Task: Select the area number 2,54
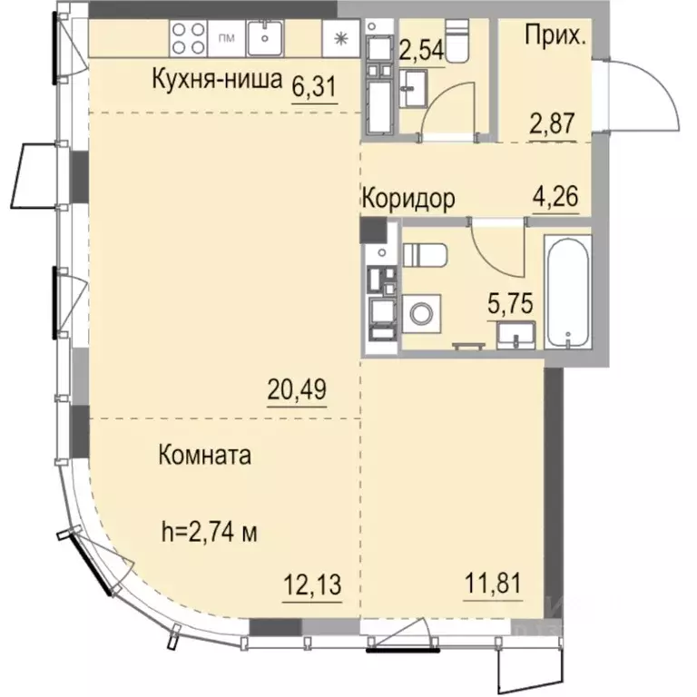pyautogui.click(x=422, y=48)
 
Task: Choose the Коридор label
pyautogui.click(x=408, y=197)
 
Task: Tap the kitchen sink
pyautogui.click(x=267, y=38)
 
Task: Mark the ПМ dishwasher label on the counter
pyautogui.click(x=227, y=38)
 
